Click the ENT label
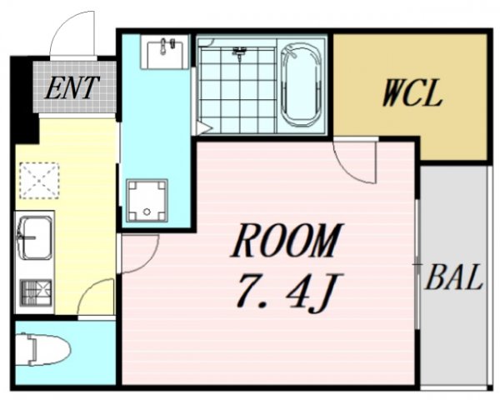pyautogui.click(x=72, y=87)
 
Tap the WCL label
pyautogui.click(x=412, y=93)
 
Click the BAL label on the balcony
pyautogui.click(x=453, y=277)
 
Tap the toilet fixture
pyautogui.click(x=43, y=349)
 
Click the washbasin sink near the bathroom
pyautogui.click(x=164, y=52)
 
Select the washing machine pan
pyautogui.click(x=147, y=200)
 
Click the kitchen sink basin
pyautogui.click(x=35, y=237)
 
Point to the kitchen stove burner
pyautogui.click(x=36, y=292)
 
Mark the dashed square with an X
pyautogui.click(x=39, y=181)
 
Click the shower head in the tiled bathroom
pyautogui.click(x=239, y=52)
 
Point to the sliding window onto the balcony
pyautogui.click(x=417, y=264)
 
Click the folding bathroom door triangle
pyautogui.click(x=204, y=127)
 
